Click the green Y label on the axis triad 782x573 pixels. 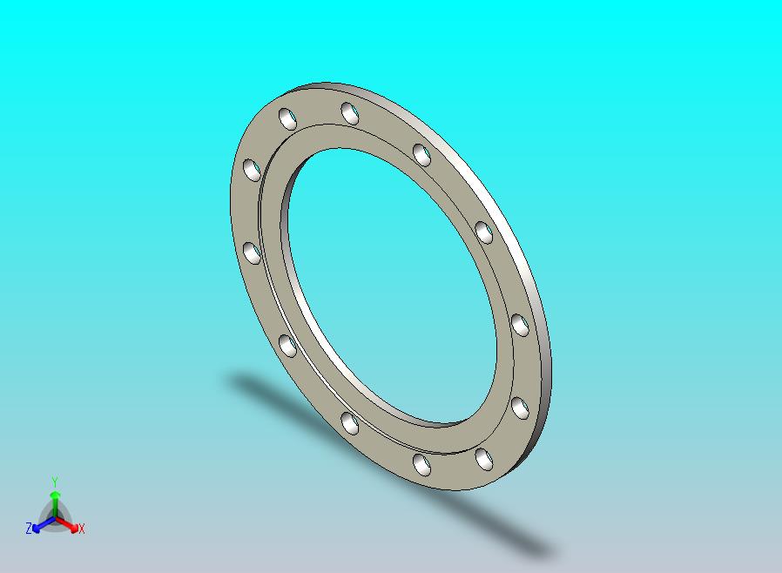[55, 482]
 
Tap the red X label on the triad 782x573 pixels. [82, 529]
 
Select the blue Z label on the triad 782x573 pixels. [29, 528]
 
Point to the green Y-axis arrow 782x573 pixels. [55, 503]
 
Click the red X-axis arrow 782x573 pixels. [67, 523]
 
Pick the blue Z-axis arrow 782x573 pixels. [44, 523]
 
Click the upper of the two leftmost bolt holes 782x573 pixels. [252, 170]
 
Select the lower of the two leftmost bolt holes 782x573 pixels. [252, 253]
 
